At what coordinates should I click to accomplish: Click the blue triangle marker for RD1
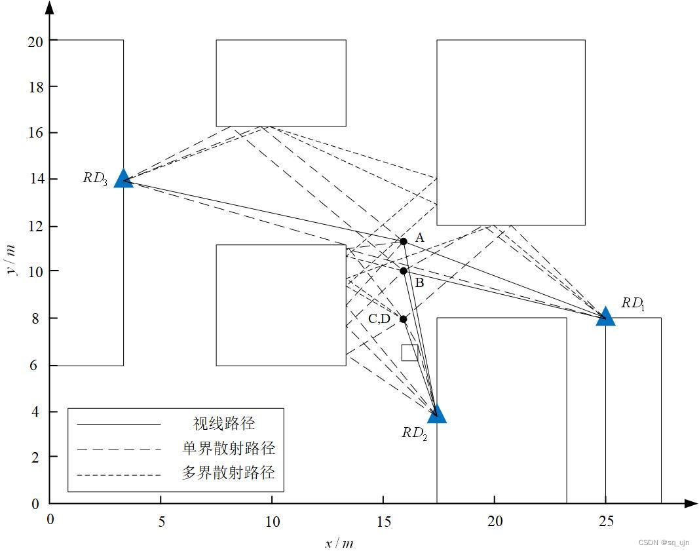click(x=605, y=316)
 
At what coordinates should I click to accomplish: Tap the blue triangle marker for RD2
click(x=437, y=414)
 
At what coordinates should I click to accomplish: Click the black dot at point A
click(x=404, y=242)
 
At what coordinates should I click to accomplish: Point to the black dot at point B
click(x=404, y=271)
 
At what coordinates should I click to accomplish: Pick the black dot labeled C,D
click(x=404, y=319)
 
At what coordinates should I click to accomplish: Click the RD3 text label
click(x=95, y=178)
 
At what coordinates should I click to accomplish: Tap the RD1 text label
click(x=633, y=304)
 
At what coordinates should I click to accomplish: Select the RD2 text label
click(x=415, y=433)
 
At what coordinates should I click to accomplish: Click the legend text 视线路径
click(x=224, y=423)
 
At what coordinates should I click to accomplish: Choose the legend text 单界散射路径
click(x=228, y=448)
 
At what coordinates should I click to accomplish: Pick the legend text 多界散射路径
click(x=228, y=472)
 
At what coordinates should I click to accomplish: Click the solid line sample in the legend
click(x=119, y=424)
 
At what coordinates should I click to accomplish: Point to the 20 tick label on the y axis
click(x=35, y=42)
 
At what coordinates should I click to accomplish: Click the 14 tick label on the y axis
click(x=36, y=179)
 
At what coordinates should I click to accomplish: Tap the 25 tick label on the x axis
click(x=606, y=522)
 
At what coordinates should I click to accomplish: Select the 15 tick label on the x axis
click(x=383, y=522)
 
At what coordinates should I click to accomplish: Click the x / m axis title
click(x=339, y=543)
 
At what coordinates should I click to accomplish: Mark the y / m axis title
click(x=11, y=260)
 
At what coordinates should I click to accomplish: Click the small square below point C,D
click(x=409, y=353)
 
